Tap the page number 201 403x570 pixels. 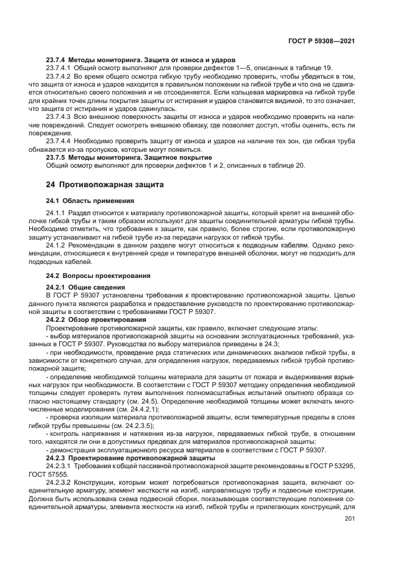point(349,519)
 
